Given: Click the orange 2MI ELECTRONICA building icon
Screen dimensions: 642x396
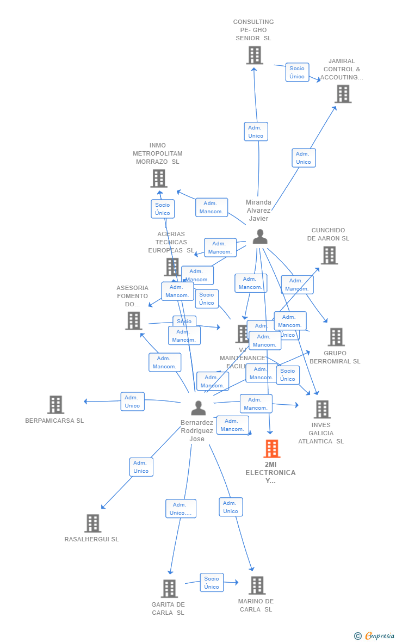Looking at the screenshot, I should coord(271,449).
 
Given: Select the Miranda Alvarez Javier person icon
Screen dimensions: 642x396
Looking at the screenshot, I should coord(260,237).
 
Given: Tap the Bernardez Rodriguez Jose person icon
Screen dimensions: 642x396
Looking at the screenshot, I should coord(199,408).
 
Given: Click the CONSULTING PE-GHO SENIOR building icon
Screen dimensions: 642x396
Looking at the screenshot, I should coord(255,55).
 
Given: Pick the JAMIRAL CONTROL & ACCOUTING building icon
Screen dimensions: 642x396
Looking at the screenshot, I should coord(343,94).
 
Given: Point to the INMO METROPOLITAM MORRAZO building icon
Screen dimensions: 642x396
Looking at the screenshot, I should coord(159,178).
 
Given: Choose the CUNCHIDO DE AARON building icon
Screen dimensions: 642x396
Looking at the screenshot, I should coord(329,255).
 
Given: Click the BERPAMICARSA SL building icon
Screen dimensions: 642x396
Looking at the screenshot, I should coord(55,405).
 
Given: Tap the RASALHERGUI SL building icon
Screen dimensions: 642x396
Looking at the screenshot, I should coord(93,523).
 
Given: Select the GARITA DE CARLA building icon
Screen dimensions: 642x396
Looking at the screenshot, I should coord(169,589).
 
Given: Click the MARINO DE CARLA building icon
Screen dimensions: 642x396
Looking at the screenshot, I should coord(257,585).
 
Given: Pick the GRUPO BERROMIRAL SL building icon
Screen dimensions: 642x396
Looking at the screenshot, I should coord(336,337).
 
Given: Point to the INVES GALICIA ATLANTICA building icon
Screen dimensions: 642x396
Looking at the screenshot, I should coord(322,409).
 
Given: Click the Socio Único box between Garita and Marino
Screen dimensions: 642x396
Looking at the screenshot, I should coord(212,583).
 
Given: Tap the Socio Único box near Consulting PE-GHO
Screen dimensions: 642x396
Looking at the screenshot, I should coord(297,72).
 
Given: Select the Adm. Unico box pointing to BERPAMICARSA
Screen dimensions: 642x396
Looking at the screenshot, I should coord(132,402).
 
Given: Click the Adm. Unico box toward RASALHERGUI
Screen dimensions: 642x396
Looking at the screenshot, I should coord(141,467).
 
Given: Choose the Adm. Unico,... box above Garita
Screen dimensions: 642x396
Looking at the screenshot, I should coord(181,509).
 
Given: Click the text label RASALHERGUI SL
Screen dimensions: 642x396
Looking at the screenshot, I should coord(91,539).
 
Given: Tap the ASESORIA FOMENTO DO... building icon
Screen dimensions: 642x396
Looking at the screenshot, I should coord(134,321).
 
